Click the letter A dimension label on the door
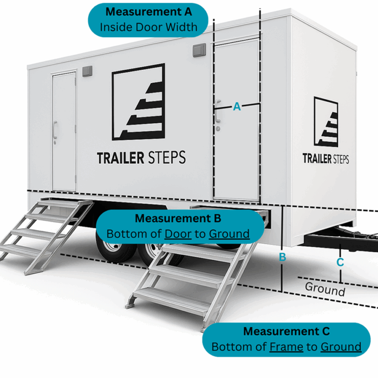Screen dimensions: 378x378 click(x=237, y=106)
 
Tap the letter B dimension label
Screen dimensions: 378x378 click(x=283, y=256)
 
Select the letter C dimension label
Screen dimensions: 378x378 click(x=340, y=262)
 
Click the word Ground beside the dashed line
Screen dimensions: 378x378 click(x=325, y=289)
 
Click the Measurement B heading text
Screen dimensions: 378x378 click(x=178, y=218)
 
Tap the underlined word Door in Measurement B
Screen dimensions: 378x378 click(x=178, y=233)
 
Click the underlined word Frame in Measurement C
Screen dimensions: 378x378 click(x=286, y=346)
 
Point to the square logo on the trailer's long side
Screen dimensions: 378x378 click(x=138, y=102)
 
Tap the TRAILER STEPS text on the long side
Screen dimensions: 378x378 click(x=141, y=158)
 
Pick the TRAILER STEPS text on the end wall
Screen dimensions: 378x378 click(x=325, y=158)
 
